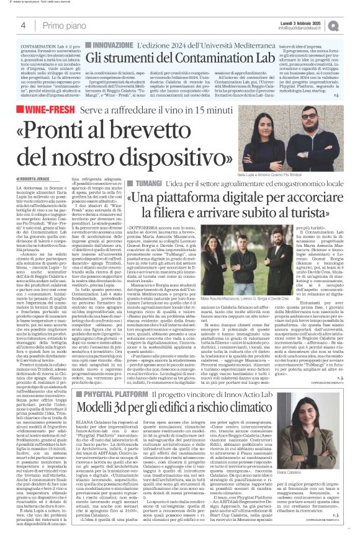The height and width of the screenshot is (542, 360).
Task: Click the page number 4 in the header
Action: click(x=23, y=25)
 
